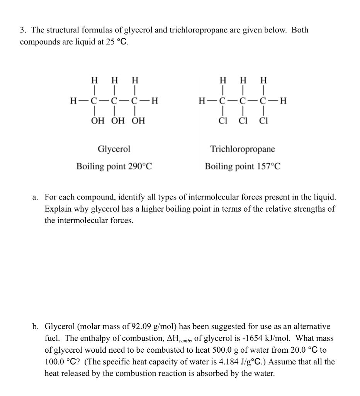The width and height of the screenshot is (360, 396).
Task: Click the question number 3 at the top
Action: (22, 30)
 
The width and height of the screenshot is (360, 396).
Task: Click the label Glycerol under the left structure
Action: (114, 149)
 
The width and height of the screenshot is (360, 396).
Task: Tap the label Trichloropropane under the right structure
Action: (243, 149)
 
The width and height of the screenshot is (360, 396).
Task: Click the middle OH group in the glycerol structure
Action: (118, 121)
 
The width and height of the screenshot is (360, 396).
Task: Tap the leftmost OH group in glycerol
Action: (97, 121)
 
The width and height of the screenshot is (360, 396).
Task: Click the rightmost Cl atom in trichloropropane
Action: (263, 121)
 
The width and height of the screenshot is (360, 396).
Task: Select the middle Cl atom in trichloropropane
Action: (243, 121)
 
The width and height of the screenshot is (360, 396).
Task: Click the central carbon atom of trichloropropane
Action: (242, 102)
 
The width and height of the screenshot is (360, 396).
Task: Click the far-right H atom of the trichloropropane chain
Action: (283, 102)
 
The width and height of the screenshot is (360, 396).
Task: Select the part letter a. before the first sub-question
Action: (36, 197)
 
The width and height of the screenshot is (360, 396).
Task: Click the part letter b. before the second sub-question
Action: (36, 327)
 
